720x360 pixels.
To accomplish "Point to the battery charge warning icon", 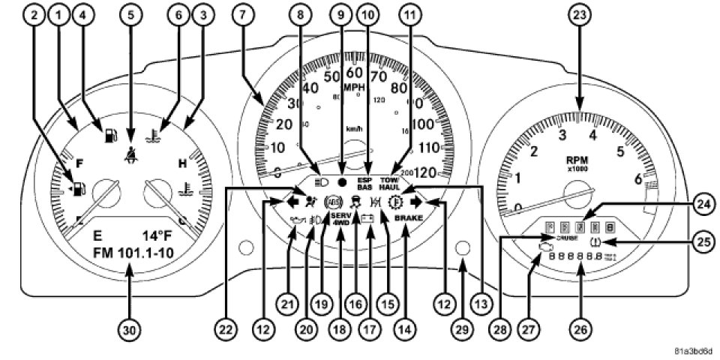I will pyautogui.click(x=367, y=218).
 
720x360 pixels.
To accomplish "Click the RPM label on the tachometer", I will pyautogui.click(x=581, y=160).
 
